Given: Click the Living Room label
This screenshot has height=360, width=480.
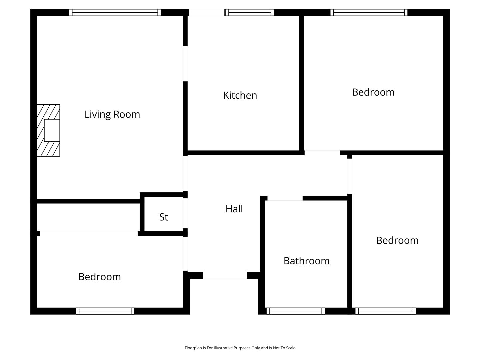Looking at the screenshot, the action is (x=112, y=115).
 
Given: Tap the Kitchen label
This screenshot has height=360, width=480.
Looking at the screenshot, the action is (x=240, y=96).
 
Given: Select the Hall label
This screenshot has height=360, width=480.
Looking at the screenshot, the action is (x=234, y=209).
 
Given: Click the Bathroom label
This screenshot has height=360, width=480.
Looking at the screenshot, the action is (x=306, y=261).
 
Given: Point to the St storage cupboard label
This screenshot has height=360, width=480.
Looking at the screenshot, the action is (x=164, y=217).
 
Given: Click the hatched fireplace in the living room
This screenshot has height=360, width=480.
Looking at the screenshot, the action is (x=48, y=130).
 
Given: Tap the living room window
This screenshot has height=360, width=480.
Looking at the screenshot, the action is (x=115, y=12).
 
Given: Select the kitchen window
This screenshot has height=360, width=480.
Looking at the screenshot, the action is (x=250, y=12).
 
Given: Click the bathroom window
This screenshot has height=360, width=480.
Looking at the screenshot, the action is (x=295, y=311).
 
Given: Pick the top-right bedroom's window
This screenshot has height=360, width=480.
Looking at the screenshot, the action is (x=369, y=12).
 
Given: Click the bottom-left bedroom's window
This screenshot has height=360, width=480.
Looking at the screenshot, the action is (x=105, y=311).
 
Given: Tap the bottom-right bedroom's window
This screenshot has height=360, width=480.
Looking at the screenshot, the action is (x=386, y=311).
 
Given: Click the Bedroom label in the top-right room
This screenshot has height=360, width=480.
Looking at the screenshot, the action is (x=373, y=92).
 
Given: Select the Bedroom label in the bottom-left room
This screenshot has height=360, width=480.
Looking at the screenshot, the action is (x=99, y=277).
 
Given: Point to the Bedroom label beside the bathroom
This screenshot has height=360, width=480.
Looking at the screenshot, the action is (x=397, y=240).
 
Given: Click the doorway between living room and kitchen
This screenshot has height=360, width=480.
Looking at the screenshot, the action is (x=185, y=64).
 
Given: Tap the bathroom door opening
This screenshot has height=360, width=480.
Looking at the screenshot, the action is (x=285, y=198).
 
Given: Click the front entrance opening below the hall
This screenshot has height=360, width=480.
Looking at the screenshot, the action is (x=225, y=275).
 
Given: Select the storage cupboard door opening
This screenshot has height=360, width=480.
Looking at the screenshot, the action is (x=185, y=213).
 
